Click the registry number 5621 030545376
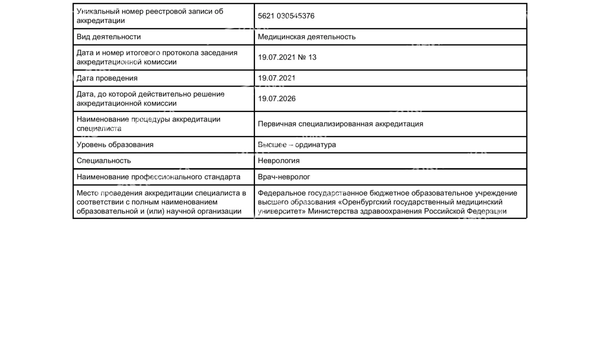point(286,16)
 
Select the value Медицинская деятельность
point(306,37)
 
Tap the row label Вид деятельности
point(108,37)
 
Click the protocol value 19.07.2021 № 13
point(287,57)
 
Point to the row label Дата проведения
point(107,78)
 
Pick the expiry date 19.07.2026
point(276,99)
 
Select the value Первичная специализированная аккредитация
point(340,124)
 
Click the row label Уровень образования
point(115,145)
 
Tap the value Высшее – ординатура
point(296,145)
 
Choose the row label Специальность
point(103,161)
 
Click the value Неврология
point(278,161)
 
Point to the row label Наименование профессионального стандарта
point(158,177)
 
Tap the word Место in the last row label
point(87,193)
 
